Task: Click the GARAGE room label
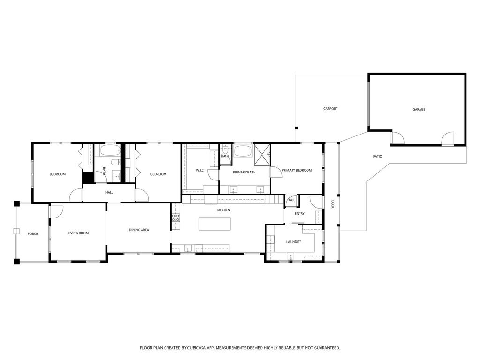pyautogui.click(x=419, y=109)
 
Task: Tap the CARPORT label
pyautogui.click(x=330, y=109)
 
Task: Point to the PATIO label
pyautogui.click(x=377, y=157)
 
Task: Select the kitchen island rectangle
pyautogui.click(x=215, y=224)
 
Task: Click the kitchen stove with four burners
pyautogui.click(x=176, y=217)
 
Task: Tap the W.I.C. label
pyautogui.click(x=200, y=171)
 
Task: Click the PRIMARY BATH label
pyautogui.click(x=244, y=172)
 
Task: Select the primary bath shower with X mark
pyautogui.click(x=262, y=155)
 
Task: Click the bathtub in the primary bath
pyautogui.click(x=243, y=151)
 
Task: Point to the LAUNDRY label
pyautogui.click(x=293, y=242)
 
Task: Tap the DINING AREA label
pyautogui.click(x=139, y=230)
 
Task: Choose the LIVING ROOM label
pyautogui.click(x=78, y=233)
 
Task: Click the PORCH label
pyautogui.click(x=33, y=234)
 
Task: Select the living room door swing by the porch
pyautogui.click(x=57, y=211)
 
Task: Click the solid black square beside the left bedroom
pyautogui.click(x=88, y=178)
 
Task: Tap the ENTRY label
pyautogui.click(x=300, y=214)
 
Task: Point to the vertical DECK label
pyautogui.click(x=333, y=204)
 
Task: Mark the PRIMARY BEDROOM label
pyautogui.click(x=297, y=171)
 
